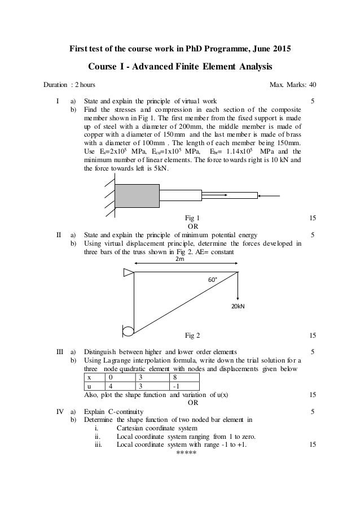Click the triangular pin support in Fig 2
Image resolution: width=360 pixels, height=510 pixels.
pyautogui.click(x=128, y=273)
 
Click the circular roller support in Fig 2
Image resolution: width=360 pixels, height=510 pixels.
pyautogui.click(x=128, y=330)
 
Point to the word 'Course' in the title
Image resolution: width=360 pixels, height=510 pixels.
pyautogui.click(x=102, y=67)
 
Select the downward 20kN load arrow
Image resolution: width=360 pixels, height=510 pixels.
pyautogui.click(x=239, y=288)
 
